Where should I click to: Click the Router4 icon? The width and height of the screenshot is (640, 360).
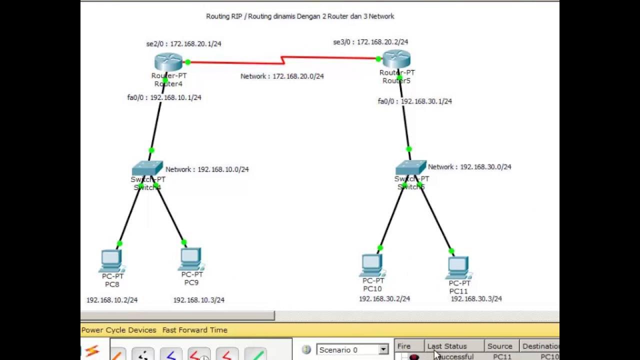click(x=168, y=62)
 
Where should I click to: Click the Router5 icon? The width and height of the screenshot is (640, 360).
click(x=396, y=59)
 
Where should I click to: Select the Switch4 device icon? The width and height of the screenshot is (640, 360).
click(x=147, y=168)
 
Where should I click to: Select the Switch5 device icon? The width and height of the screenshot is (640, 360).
click(x=410, y=167)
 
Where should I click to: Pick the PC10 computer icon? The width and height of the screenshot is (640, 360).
click(x=372, y=264)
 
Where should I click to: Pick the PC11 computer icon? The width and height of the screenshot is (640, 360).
click(x=458, y=267)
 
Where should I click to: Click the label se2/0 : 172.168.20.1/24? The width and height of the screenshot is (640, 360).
click(x=183, y=44)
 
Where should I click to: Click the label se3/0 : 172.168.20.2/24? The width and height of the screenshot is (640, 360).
click(x=370, y=42)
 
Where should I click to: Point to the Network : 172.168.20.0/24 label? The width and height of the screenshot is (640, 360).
click(x=282, y=76)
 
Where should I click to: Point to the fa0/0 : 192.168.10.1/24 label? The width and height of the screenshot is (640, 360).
click(x=164, y=97)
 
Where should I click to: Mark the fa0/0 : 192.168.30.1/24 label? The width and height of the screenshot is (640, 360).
click(x=414, y=101)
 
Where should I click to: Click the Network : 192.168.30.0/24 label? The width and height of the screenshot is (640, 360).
click(x=469, y=167)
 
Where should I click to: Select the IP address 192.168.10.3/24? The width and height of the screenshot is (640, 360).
click(x=198, y=300)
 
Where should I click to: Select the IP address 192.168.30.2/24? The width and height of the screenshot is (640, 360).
click(x=384, y=299)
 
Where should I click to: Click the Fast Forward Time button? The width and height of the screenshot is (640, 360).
click(x=194, y=330)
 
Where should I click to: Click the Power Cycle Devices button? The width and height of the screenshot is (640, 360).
click(x=118, y=330)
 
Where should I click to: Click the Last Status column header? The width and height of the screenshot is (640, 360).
click(x=446, y=346)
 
